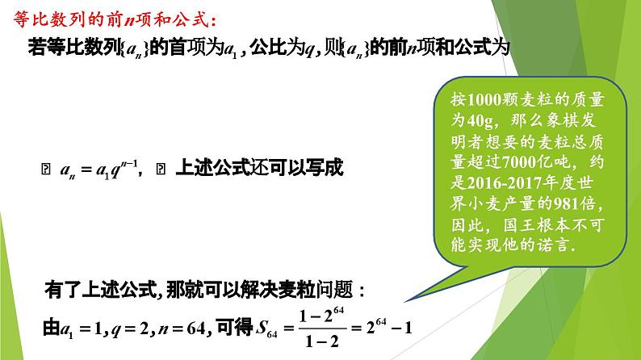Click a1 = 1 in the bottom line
click(83, 328)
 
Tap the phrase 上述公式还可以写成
click(258, 169)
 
